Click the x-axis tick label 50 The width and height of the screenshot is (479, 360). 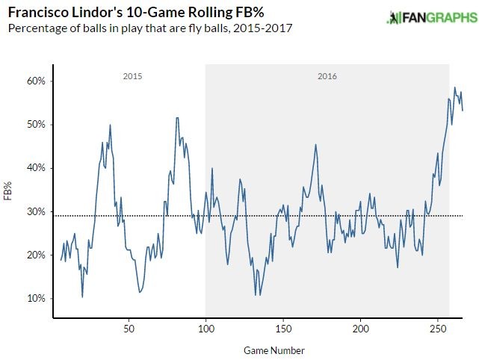pos(129,329)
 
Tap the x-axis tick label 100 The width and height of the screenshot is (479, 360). pos(205,329)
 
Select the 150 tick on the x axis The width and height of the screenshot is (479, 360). pos(283,329)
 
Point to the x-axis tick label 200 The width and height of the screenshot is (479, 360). pos(361,329)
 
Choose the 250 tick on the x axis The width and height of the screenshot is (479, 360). pos(438,329)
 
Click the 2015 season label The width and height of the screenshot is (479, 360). pos(132,76)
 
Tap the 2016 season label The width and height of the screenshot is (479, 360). pos(327,76)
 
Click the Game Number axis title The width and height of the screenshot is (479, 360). pos(274,350)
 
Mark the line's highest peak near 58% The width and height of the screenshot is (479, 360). pos(454,87)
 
